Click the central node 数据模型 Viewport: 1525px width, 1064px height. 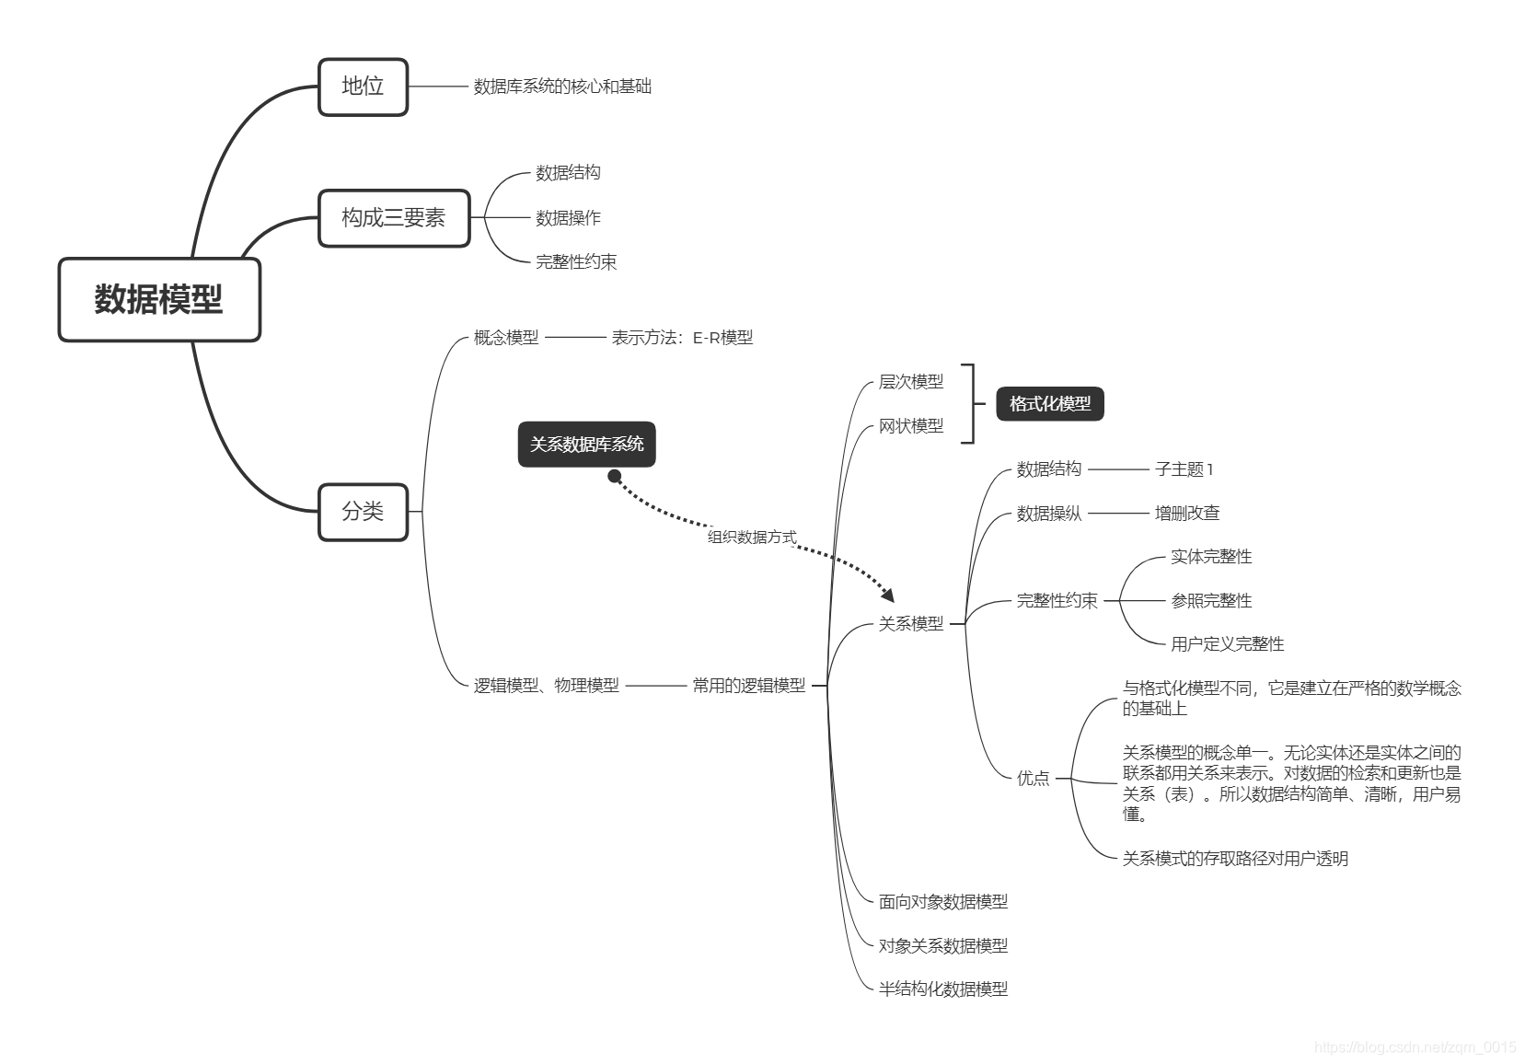click(159, 300)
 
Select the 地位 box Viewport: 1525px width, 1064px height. click(363, 87)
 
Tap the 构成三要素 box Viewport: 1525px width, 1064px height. click(394, 218)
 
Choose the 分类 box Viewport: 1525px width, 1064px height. click(363, 512)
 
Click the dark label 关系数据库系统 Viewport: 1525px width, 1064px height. click(586, 445)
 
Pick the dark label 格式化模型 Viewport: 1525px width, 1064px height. click(1049, 404)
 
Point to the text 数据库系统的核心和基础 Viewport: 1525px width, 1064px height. click(562, 87)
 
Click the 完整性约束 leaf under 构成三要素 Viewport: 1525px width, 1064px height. click(576, 262)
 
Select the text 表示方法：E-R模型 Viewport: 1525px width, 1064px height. click(682, 338)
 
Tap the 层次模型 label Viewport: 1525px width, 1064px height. click(910, 382)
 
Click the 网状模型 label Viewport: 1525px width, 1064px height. click(910, 426)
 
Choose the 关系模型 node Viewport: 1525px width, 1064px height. click(910, 624)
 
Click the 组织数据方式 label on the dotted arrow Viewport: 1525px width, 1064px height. click(752, 538)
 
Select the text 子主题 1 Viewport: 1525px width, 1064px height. click(1184, 469)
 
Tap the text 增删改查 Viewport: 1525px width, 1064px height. click(1186, 514)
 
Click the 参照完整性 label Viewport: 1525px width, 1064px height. click(1210, 601)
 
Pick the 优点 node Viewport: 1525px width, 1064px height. click(1033, 779)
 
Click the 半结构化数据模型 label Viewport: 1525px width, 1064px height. click(942, 989)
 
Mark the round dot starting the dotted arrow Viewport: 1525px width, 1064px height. click(615, 476)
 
